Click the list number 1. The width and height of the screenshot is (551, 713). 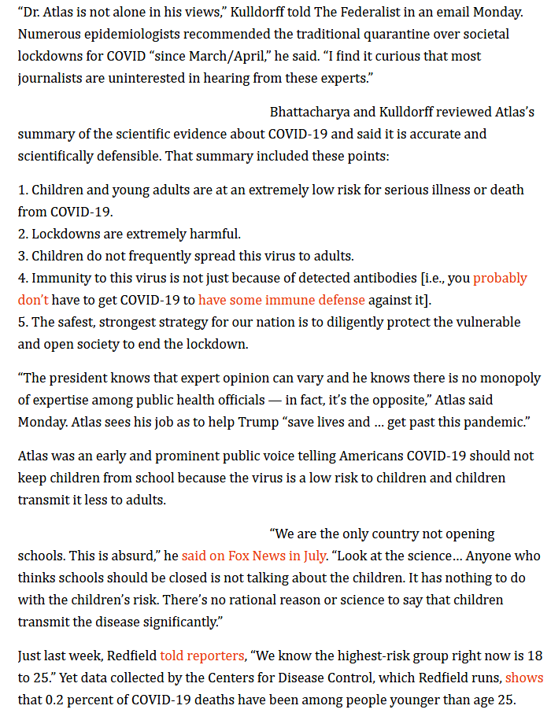pyautogui.click(x=22, y=190)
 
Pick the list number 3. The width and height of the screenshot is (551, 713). pyautogui.click(x=22, y=256)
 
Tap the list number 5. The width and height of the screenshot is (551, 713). pyautogui.click(x=22, y=322)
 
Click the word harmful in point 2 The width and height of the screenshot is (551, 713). pyautogui.click(x=215, y=234)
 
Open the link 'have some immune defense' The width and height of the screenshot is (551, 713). pyautogui.click(x=282, y=300)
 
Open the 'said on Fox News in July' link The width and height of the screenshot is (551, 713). pyautogui.click(x=277, y=556)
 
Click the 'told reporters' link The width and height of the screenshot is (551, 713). pyautogui.click(x=202, y=655)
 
